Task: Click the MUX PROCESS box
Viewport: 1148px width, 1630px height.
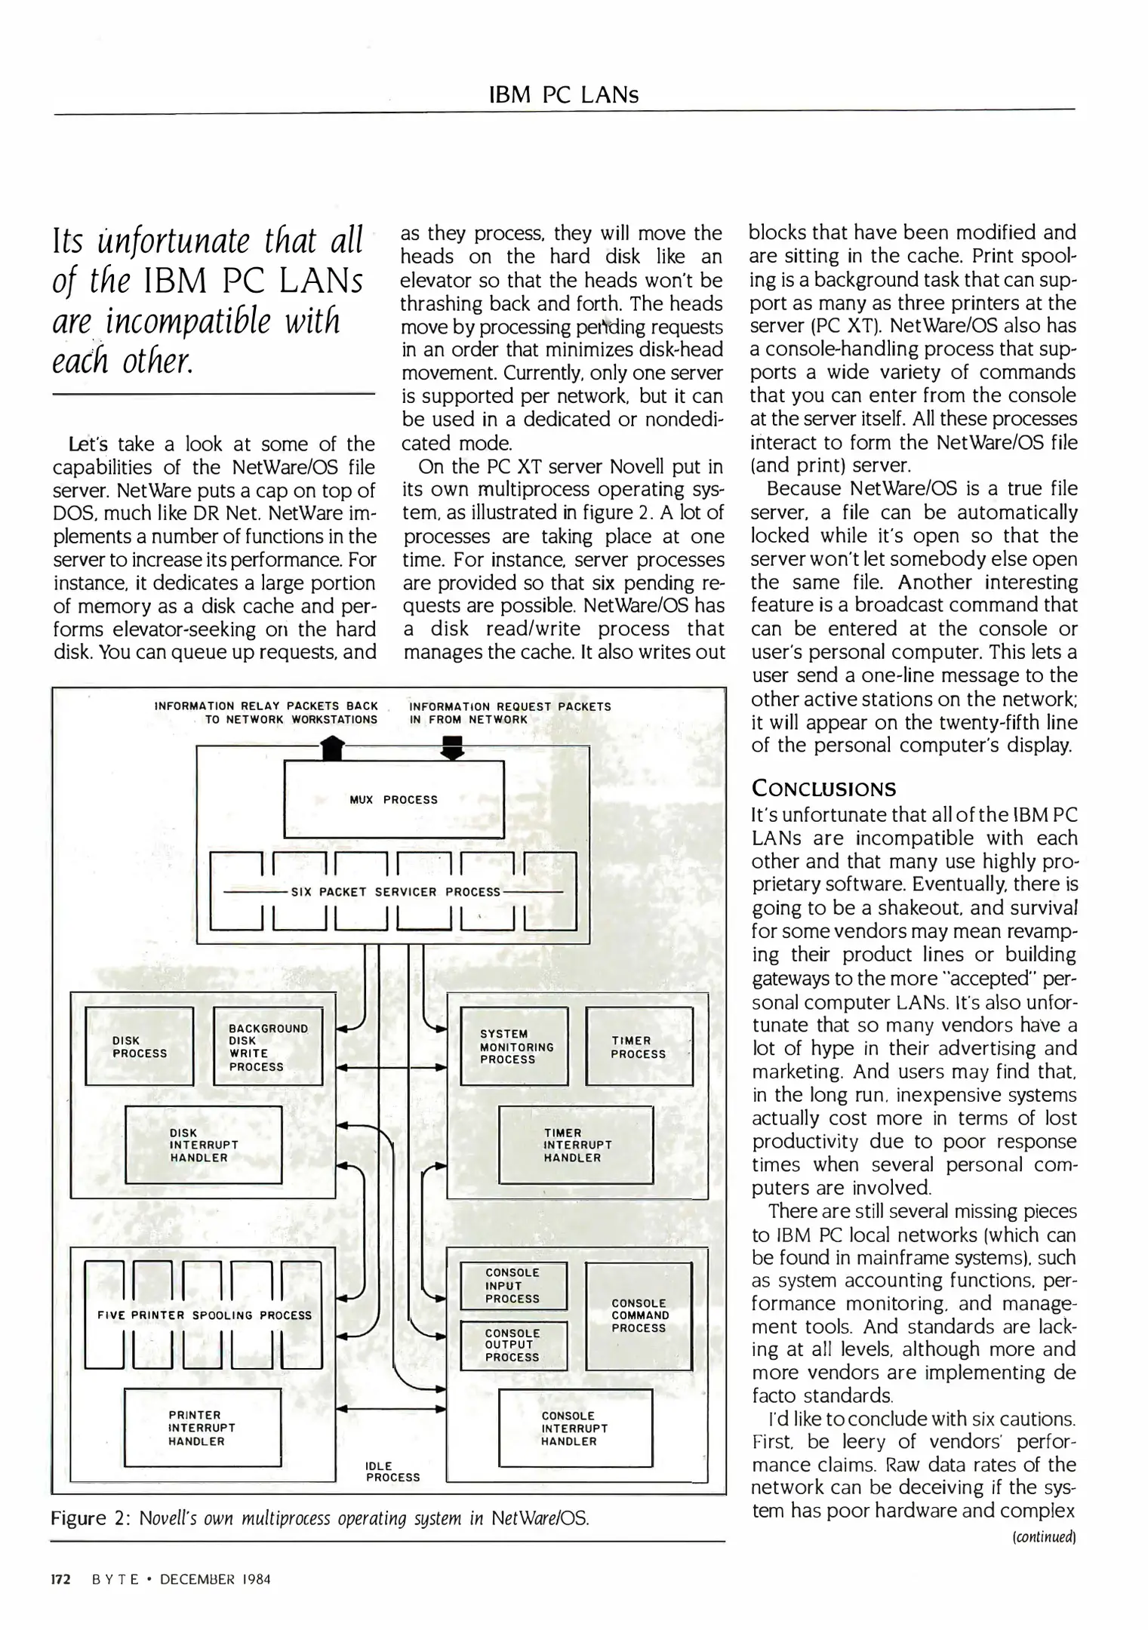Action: [393, 799]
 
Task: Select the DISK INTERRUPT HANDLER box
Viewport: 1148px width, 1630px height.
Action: [203, 1145]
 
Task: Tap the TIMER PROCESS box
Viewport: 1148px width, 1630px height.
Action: [639, 1047]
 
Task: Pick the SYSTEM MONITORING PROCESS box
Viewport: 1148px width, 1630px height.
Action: [514, 1047]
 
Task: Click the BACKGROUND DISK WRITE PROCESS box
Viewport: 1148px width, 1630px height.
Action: [268, 1047]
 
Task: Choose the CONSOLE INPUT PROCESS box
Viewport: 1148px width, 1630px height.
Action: [513, 1286]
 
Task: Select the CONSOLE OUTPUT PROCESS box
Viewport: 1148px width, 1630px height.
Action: [513, 1346]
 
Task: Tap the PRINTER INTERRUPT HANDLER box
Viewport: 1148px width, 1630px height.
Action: [202, 1428]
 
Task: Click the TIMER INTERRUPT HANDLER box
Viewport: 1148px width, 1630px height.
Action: [575, 1145]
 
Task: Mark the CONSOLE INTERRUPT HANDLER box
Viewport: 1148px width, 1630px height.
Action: [575, 1429]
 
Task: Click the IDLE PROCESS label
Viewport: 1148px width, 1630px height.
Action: [392, 1472]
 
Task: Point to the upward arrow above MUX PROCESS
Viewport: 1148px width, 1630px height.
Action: [332, 749]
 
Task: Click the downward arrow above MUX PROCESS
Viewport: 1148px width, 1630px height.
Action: [452, 749]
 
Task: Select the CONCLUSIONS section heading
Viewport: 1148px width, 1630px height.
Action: [823, 789]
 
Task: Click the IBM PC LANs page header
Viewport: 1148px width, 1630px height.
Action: [563, 95]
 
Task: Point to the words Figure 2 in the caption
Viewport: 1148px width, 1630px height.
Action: [83, 1518]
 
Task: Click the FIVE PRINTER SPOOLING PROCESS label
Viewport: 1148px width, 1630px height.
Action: [205, 1315]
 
